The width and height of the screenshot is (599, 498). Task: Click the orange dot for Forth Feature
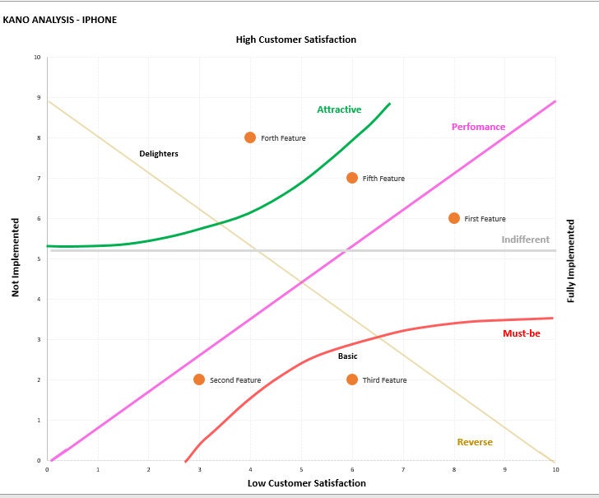tap(250, 137)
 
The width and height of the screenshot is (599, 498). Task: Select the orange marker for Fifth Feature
tap(352, 178)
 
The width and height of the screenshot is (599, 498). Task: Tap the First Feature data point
tap(454, 218)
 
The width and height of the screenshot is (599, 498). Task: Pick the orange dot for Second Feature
tap(199, 379)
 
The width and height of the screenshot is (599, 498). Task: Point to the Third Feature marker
tap(352, 379)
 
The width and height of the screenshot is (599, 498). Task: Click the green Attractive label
tap(339, 109)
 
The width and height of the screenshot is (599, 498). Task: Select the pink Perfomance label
tap(478, 127)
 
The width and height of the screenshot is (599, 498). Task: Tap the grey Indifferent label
tap(525, 240)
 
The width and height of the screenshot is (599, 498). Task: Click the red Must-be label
tap(520, 333)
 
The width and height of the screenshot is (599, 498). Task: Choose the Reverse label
tap(475, 442)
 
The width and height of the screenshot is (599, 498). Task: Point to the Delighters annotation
tap(159, 154)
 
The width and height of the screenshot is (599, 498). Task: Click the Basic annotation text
tap(347, 356)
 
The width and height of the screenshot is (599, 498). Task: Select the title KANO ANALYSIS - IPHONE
tap(60, 20)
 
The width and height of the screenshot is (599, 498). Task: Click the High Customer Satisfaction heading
tap(296, 40)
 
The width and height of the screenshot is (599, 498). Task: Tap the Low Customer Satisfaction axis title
tap(306, 483)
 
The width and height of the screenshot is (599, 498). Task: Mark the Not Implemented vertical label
tap(15, 258)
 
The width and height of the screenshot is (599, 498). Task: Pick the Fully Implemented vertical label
tap(571, 260)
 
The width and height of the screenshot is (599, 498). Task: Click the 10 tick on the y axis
tap(37, 58)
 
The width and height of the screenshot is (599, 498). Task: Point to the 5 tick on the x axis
tap(301, 469)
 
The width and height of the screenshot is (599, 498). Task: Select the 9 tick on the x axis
tap(504, 469)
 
